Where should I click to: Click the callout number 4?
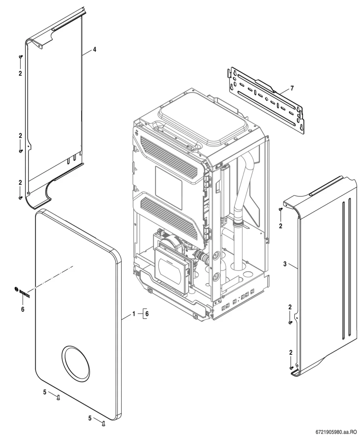(95, 50)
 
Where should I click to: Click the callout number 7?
(292, 88)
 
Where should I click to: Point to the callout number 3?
(285, 264)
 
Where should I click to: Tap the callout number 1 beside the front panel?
(134, 314)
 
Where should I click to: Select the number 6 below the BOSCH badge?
(23, 309)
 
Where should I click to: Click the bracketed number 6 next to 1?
(147, 314)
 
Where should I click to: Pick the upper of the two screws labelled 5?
(58, 398)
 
